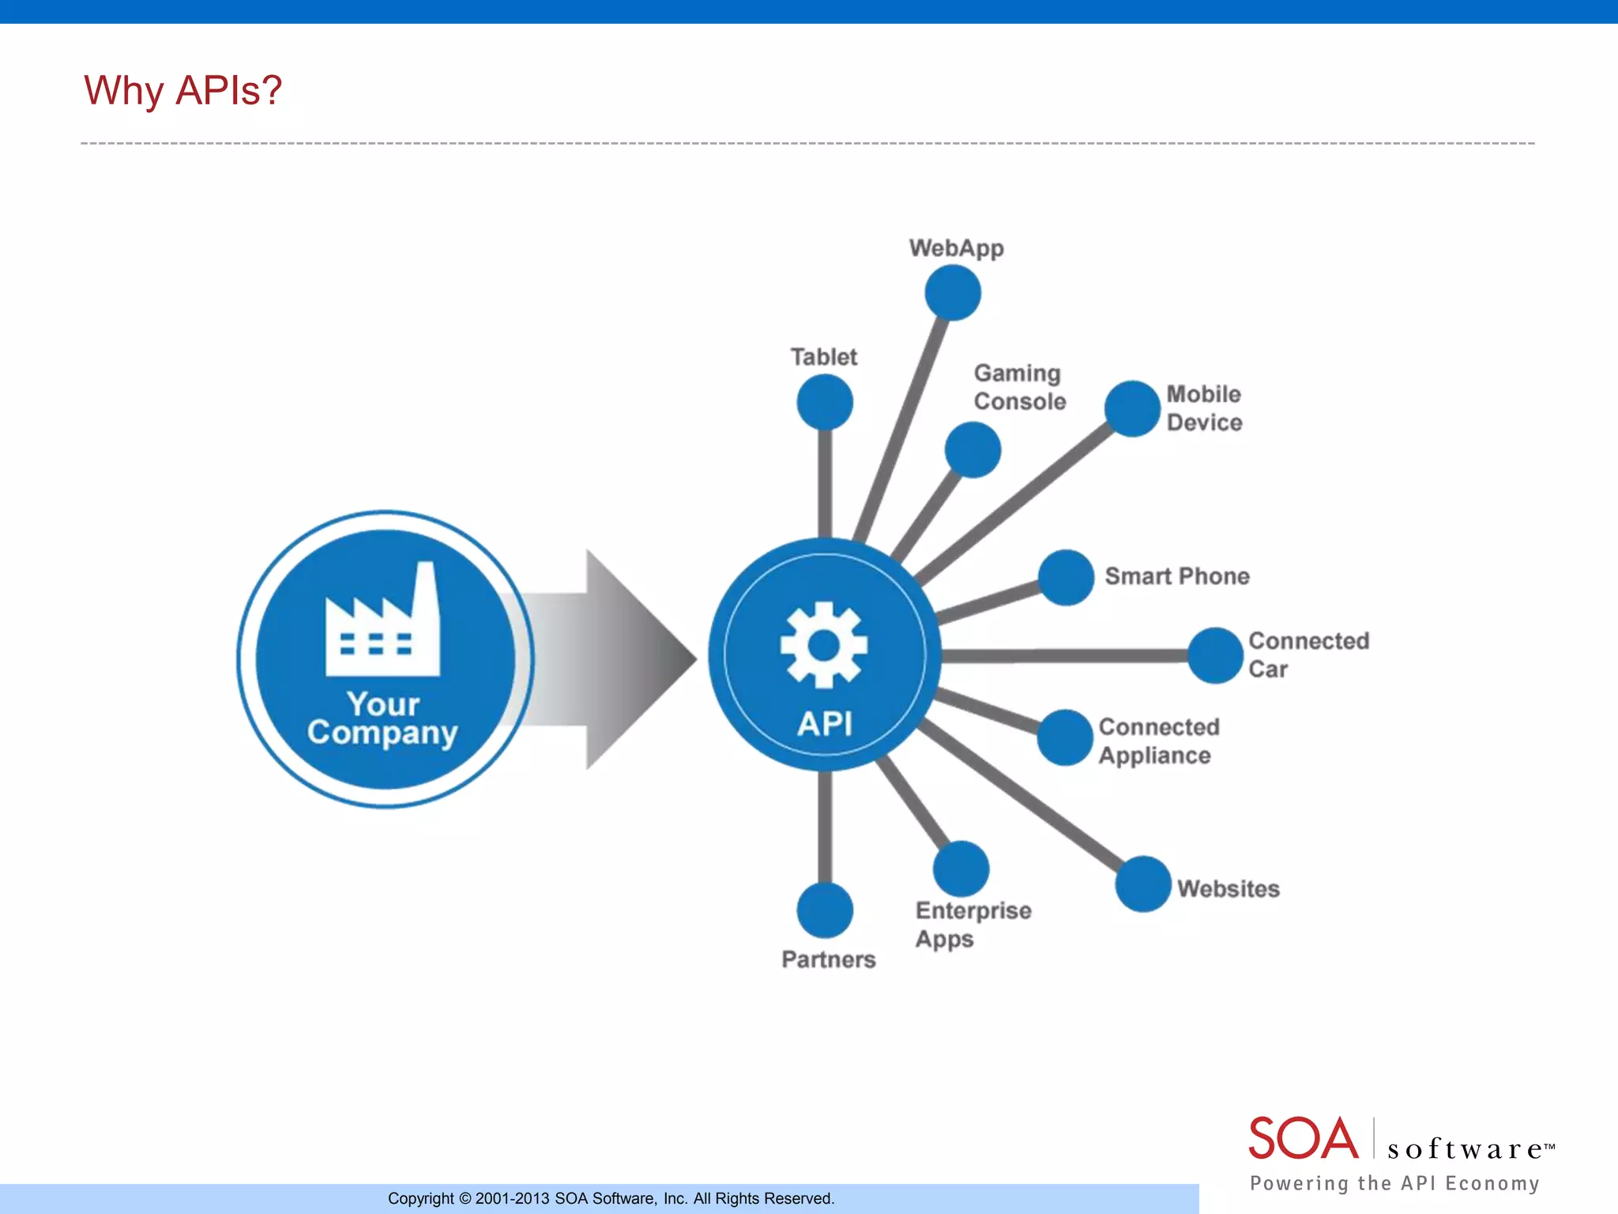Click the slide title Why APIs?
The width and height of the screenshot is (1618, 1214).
point(182,90)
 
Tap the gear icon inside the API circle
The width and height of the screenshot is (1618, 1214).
point(823,645)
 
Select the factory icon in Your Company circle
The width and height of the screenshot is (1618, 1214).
point(383,623)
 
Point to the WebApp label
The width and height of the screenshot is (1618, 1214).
point(956,248)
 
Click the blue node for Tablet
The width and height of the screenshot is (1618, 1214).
point(825,402)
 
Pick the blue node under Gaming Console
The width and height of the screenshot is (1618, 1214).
point(973,450)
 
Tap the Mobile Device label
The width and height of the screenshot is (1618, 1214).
point(1204,408)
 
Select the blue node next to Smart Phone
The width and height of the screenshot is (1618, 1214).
point(1066,577)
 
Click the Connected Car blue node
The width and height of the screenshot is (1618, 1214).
point(1215,655)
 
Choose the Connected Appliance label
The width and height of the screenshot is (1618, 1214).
point(1158,741)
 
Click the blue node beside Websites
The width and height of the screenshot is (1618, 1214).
point(1142,884)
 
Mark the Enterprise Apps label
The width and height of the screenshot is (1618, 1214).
point(973,925)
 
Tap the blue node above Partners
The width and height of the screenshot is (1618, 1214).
point(825,910)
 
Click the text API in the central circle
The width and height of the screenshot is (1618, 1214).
point(824,723)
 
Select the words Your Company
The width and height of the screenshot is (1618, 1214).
point(383,718)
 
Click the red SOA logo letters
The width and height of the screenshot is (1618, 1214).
point(1303,1139)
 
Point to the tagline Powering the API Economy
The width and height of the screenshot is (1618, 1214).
point(1394,1183)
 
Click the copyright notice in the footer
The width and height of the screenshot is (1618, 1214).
point(611,1198)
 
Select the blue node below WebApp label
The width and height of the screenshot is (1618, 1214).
point(953,292)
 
